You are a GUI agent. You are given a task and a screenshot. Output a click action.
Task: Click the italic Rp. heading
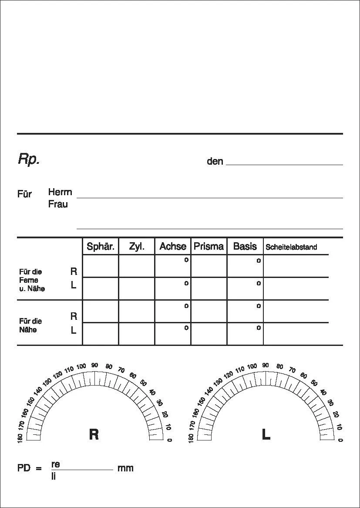point(29,159)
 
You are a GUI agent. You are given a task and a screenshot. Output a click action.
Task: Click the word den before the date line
point(215,162)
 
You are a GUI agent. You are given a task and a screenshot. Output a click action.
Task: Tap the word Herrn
point(60,192)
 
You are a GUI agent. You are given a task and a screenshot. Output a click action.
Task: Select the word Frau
point(58,204)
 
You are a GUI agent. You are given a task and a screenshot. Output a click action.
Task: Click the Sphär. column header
point(101,247)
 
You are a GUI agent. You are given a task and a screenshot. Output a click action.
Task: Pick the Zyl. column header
point(137,247)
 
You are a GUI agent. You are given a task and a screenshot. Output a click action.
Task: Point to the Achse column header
point(173,247)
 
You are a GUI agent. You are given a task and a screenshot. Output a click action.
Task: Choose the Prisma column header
point(209,247)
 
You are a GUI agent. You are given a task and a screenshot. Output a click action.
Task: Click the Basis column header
point(245,247)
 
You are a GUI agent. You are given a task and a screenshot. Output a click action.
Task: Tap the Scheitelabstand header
point(291,247)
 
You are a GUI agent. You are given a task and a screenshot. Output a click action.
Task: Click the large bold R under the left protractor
point(94,434)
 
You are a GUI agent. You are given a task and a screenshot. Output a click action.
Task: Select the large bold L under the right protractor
point(266,434)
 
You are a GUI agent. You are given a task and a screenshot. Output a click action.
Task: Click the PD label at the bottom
point(24,469)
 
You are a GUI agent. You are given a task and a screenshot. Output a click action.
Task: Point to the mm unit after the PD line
point(125,468)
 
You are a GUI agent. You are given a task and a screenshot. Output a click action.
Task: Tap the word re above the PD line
point(55,464)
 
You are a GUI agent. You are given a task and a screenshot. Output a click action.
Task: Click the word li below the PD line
point(54,476)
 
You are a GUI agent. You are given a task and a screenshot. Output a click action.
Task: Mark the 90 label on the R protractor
point(94,366)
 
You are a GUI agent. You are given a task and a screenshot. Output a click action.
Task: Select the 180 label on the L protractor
point(191,438)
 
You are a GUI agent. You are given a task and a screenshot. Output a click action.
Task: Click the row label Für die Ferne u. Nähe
point(32,280)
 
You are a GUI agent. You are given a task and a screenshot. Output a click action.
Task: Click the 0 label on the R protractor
point(169,440)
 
